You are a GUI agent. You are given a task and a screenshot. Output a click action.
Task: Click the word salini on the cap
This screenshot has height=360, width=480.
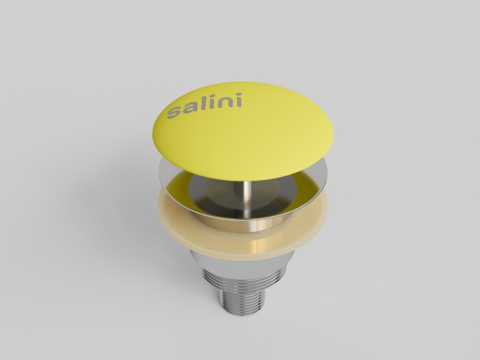point(204,105)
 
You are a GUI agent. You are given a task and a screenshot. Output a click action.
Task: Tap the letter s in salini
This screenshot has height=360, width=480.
point(173,112)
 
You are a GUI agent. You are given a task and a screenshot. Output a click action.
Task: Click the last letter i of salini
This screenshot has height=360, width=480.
point(239,100)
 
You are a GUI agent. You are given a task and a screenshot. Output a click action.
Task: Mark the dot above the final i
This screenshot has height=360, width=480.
point(239,94)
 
